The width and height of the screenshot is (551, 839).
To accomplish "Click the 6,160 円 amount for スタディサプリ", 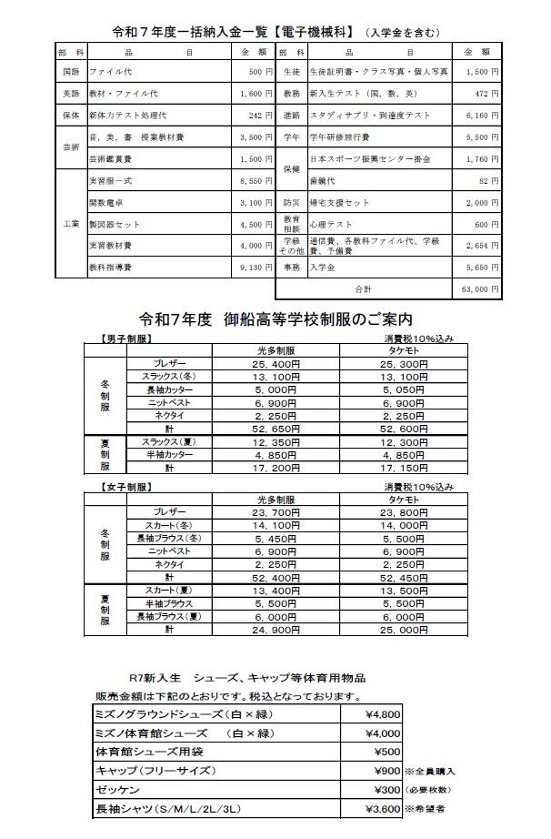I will [x=481, y=116].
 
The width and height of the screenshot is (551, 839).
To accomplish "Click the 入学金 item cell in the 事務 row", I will [x=323, y=268].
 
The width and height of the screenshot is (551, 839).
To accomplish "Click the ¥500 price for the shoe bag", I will [x=387, y=752].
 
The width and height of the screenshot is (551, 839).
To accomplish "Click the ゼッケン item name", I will [x=120, y=789].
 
